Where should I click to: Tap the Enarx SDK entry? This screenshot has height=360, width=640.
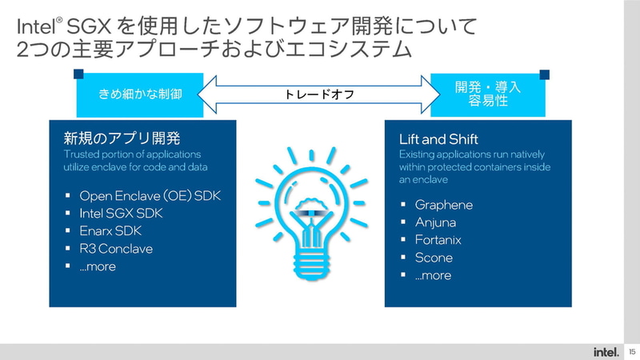109,231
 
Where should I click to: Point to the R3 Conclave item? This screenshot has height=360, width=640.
116,249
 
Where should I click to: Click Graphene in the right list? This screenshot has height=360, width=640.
443,205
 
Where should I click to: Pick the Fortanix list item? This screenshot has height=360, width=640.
438,240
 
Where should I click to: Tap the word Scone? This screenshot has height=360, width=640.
434,258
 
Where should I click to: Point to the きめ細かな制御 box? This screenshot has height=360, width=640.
140,94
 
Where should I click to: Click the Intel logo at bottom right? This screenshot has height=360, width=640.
605,351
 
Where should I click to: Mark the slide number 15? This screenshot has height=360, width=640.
631,351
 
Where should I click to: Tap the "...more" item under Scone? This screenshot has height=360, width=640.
433,275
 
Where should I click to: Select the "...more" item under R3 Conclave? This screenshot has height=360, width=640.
98,266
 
